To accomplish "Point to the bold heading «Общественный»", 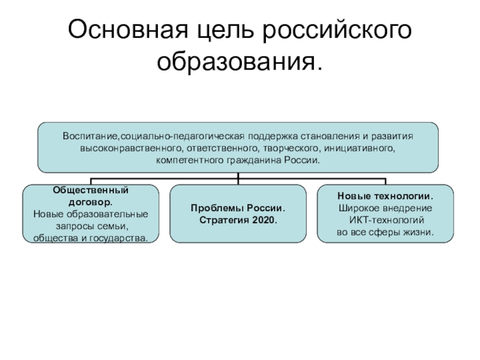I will pos(91,190).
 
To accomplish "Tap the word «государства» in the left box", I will pos(122,238).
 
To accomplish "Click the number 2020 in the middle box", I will pos(263,220).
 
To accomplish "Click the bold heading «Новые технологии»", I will pos(385,196).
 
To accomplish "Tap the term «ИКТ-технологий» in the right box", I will pos(385,220).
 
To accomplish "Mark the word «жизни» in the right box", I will pos(419,232).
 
